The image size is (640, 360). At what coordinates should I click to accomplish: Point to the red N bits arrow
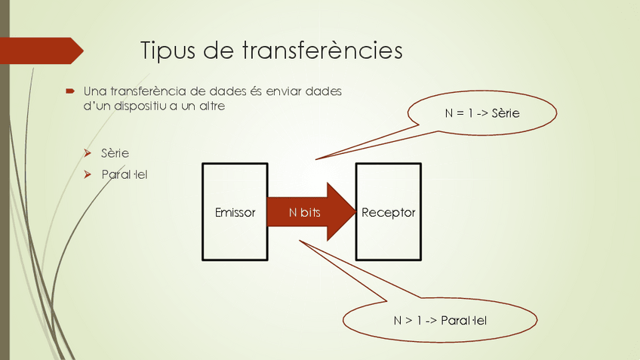click(332, 212)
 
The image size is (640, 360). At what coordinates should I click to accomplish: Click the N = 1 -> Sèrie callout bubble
click(482, 113)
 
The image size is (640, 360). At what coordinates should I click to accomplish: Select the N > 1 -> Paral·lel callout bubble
click(440, 320)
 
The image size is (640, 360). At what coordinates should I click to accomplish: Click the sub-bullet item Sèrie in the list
click(115, 153)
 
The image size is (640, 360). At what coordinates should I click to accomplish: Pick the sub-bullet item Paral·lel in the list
click(125, 174)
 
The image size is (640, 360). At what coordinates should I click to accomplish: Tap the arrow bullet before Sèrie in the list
click(88, 153)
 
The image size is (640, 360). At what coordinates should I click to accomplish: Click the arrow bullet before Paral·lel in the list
click(88, 174)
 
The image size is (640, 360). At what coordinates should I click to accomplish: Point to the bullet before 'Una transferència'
click(69, 91)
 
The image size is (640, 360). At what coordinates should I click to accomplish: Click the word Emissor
click(235, 213)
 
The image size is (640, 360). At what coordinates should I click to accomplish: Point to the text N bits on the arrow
click(305, 213)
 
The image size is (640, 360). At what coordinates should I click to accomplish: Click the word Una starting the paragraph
click(94, 91)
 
